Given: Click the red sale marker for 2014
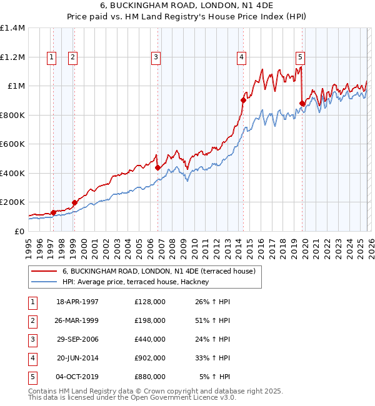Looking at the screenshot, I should tap(243, 100).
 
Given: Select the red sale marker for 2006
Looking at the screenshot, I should tap(157, 167).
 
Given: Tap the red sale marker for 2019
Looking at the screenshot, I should tap(302, 103).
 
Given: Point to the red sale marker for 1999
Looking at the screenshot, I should tap(74, 202).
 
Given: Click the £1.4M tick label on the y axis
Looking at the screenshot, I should tap(12, 28).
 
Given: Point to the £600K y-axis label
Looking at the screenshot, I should tap(12, 144).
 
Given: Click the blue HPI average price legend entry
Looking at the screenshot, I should tap(138, 282).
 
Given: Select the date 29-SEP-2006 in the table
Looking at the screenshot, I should tap(77, 339).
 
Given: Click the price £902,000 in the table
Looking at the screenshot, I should tap(150, 358).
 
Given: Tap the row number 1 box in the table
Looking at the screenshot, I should tap(33, 302).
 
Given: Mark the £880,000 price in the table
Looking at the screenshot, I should tap(150, 377).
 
